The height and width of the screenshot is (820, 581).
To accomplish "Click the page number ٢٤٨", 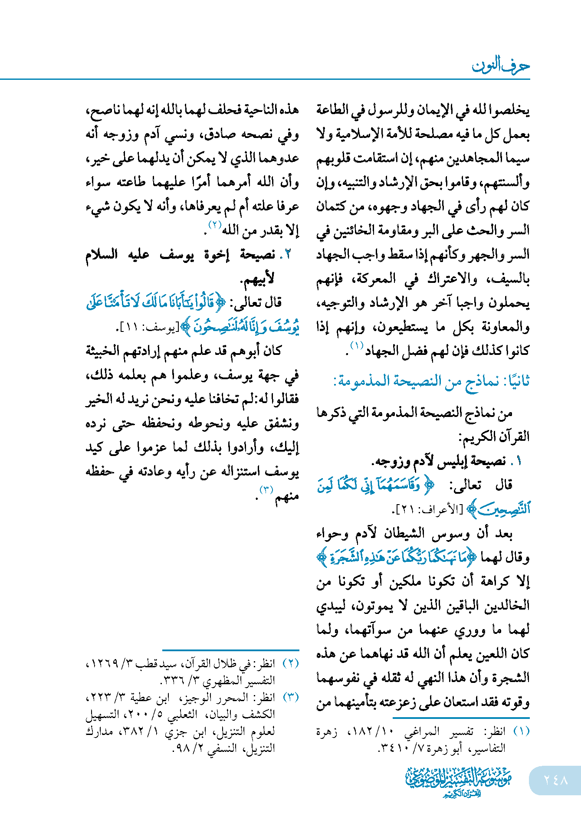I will click(555, 780).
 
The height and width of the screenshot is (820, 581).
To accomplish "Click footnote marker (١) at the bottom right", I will click(521, 731).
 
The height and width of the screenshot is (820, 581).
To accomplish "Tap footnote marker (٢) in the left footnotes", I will click(291, 663).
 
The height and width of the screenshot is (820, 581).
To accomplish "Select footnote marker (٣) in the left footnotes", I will click(291, 697).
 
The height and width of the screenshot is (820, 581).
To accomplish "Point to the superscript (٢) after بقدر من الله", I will click(215, 225).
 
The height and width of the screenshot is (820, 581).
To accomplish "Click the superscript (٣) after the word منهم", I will click(266, 490).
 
